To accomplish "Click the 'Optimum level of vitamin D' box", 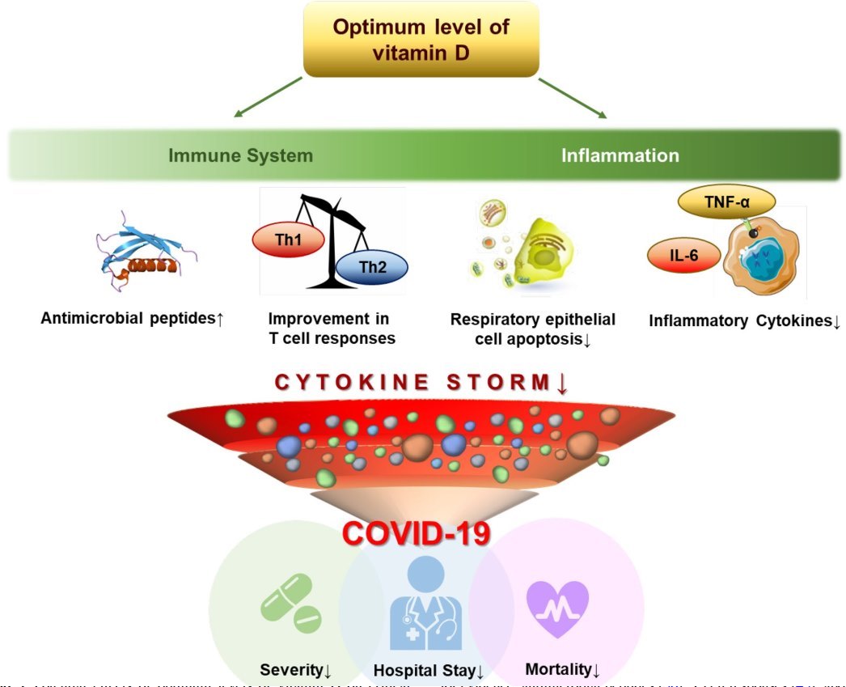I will pos(421,39).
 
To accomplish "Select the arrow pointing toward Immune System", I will pos(267,98).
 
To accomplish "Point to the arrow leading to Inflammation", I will pos(573,98).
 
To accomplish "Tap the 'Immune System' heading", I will pos(240,155).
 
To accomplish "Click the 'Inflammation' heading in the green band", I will pos(620,155).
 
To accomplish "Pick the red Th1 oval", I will pos(289,240).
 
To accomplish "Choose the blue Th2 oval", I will pos(372,269).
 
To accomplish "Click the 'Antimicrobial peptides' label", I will pos(132,319).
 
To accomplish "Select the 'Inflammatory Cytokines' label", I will pos(745,321).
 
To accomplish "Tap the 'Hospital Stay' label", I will pos(428,671).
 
